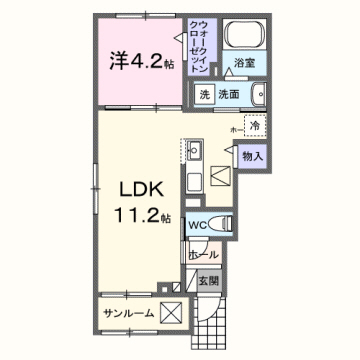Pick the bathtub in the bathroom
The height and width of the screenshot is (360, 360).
tap(239, 38)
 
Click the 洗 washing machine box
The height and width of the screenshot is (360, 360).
tap(204, 95)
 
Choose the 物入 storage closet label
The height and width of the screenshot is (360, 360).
tap(252, 156)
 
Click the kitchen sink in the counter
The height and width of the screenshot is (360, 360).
tap(195, 150)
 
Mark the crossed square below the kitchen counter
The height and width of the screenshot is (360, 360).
tap(220, 178)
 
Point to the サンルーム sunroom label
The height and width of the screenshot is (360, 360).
tap(127, 313)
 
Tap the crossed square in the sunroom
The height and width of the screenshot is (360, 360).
tap(171, 313)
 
